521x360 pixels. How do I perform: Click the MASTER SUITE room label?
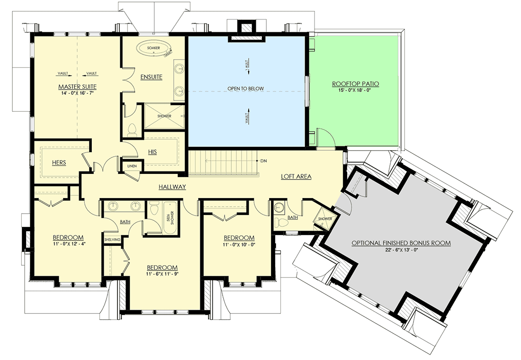pos(78,87)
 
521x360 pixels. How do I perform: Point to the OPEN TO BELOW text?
pos(245,89)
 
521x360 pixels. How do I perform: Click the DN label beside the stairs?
pos(264,161)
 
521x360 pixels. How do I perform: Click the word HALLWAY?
pos(172,187)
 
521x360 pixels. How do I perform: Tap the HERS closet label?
pos(59,162)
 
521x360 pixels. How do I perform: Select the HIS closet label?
pos(152,152)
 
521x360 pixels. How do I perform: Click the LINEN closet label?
pos(131,166)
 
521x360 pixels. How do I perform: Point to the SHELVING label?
pos(112,240)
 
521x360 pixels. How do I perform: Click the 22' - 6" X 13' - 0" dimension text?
pos(401,250)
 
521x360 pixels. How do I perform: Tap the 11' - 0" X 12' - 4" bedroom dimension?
pos(68,244)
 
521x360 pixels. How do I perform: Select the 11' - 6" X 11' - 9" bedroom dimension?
pos(162,274)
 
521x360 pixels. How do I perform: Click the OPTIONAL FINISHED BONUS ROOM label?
pos(401,243)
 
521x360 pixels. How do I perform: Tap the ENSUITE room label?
pos(151,77)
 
